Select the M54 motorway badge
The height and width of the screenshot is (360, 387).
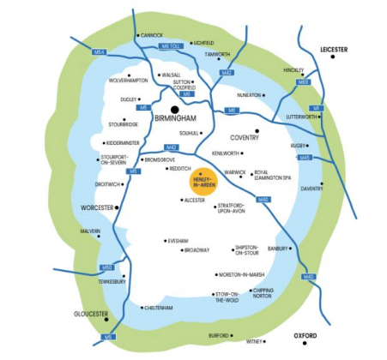click(100, 53)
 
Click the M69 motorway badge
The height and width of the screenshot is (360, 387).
click(302, 82)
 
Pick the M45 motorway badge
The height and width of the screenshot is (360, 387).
click(305, 158)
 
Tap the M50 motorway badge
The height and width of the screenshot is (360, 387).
click(106, 267)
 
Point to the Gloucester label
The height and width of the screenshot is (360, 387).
click(92, 314)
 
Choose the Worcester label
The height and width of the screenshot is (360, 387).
click(97, 208)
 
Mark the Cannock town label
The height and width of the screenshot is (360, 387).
click(151, 35)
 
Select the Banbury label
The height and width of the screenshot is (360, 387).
click(278, 249)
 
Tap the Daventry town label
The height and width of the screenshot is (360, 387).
click(311, 188)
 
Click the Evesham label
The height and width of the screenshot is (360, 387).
click(178, 241)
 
